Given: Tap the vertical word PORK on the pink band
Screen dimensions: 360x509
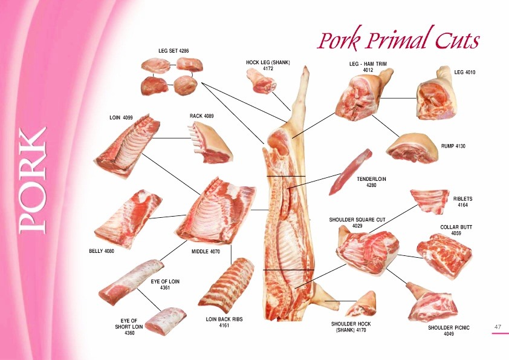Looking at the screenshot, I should tap(33, 180).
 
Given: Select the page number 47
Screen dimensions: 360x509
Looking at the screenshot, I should tap(498, 327).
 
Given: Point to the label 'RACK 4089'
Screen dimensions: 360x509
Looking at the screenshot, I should tap(202, 116).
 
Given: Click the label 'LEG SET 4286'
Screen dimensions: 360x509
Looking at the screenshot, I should tap(173, 51).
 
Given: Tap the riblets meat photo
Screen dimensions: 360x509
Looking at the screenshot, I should tap(429, 201).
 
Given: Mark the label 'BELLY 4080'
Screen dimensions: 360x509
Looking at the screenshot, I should tap(102, 250).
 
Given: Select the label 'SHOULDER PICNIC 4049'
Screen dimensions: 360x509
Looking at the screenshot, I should tap(449, 330).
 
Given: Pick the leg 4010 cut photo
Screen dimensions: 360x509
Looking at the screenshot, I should tap(437, 93).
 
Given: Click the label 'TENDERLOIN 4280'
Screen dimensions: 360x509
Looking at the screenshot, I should tap(371, 182).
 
